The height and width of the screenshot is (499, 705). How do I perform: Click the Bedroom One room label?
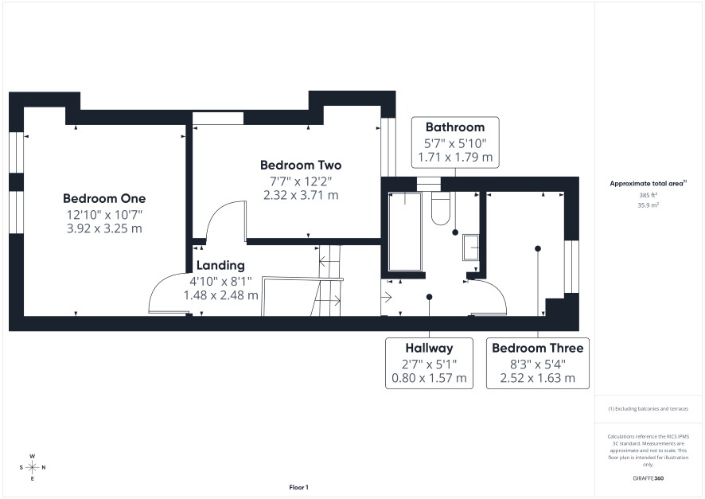[x=104, y=198]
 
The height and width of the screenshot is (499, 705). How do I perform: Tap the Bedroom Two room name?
[x=301, y=165]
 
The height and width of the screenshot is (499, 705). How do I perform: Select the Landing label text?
[x=220, y=265]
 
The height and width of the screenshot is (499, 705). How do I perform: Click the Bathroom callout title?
[x=455, y=127]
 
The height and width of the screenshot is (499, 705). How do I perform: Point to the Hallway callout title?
[x=429, y=348]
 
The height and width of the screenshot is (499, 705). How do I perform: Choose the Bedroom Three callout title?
[x=537, y=348]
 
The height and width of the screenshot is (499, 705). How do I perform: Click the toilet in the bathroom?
[x=441, y=209]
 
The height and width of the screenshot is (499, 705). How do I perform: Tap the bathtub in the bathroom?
[x=405, y=232]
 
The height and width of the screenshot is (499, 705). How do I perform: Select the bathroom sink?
[x=471, y=248]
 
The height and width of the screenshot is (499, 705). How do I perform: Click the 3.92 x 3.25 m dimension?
[x=104, y=228]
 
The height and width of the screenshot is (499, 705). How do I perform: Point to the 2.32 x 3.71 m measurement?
[x=301, y=195]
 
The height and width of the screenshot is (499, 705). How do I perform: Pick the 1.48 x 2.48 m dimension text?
[x=220, y=295]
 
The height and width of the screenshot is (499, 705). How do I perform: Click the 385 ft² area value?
[x=648, y=195]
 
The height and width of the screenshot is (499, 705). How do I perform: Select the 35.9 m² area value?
[x=648, y=205]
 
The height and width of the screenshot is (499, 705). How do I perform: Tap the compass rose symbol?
[x=33, y=467]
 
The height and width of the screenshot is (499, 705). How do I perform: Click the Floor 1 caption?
[x=298, y=487]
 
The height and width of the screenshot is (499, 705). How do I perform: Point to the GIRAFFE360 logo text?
[x=648, y=478]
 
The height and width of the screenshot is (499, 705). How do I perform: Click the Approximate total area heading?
[x=648, y=183]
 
